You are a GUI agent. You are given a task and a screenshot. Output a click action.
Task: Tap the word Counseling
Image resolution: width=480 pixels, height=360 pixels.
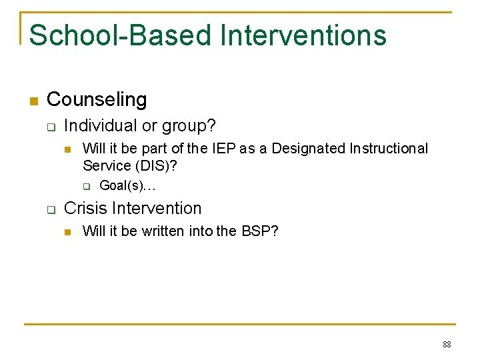[97, 100]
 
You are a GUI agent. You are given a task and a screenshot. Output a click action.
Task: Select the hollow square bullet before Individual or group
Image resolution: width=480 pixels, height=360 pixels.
[50, 127]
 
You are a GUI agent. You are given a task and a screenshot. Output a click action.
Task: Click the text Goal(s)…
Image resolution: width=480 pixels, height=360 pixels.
[127, 185]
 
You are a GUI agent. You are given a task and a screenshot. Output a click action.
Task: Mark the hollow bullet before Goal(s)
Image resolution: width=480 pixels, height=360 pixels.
[85, 186]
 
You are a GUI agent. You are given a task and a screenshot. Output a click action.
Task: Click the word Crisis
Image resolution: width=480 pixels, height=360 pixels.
[85, 208]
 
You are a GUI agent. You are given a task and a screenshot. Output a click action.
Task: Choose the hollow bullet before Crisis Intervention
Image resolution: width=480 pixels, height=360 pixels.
[50, 209]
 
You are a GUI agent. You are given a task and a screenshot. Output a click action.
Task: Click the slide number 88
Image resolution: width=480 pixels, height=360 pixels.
[446, 345]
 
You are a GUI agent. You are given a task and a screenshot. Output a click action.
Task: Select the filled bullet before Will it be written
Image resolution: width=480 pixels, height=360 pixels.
[67, 232]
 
